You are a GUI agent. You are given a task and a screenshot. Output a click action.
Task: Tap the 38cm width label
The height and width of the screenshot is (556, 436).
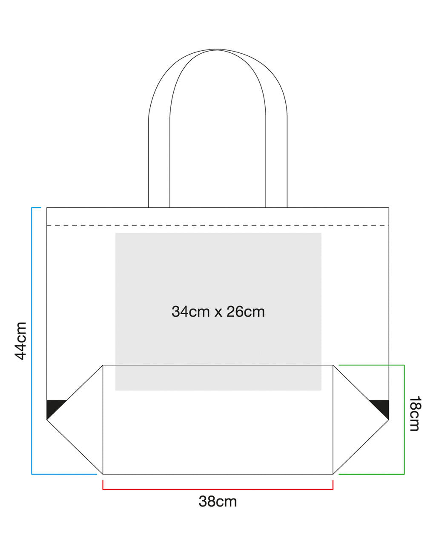click(x=218, y=501)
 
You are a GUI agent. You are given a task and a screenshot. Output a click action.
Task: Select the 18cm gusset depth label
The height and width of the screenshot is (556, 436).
click(x=415, y=414)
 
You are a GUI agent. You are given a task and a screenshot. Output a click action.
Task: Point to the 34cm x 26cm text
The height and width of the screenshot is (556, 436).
click(x=218, y=312)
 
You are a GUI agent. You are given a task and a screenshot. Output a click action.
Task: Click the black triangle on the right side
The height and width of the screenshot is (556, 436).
click(x=382, y=408)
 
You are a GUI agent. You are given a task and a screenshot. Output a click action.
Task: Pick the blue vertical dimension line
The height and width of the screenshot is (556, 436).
click(x=32, y=341)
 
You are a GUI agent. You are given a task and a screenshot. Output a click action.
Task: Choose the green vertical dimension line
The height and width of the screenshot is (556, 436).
click(x=404, y=420)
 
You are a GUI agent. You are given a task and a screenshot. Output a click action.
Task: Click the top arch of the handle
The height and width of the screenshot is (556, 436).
click(x=218, y=50)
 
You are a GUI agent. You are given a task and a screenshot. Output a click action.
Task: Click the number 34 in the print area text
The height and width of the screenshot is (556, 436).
click(x=179, y=312)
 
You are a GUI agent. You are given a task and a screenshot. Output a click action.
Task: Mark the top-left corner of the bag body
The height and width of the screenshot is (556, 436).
click(x=47, y=208)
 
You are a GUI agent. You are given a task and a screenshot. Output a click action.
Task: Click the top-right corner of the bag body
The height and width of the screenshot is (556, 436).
click(x=389, y=208)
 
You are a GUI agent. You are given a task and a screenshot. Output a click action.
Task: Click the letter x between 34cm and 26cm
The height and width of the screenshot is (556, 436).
click(x=218, y=313)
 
